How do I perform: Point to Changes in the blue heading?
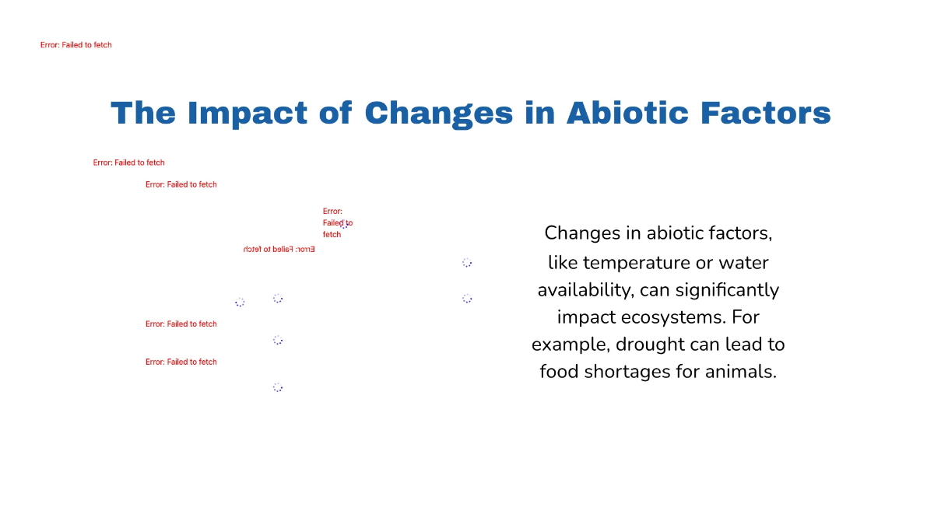coord(438,114)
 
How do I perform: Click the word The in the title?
coord(143,114)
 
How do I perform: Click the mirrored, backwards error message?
coord(279,250)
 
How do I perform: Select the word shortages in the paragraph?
coord(628,372)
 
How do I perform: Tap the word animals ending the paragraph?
coord(740,372)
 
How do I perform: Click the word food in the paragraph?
coord(557,372)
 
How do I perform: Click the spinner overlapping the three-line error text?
coord(344,226)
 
